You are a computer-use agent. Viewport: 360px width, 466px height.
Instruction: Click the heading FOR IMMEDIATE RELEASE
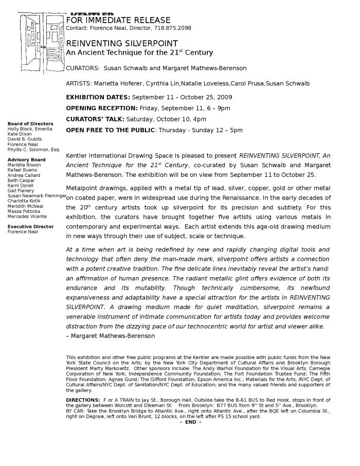(114, 21)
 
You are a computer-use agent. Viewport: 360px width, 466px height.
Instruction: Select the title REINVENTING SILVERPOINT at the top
(122, 44)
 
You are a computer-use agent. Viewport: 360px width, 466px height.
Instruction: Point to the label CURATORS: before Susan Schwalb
(83, 68)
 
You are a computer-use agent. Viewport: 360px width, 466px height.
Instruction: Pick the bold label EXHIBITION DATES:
(98, 97)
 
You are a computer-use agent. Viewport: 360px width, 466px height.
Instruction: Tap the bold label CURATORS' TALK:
(95, 119)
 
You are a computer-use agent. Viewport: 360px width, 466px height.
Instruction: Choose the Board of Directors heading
(30, 124)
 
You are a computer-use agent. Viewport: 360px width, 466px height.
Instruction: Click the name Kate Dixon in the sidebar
(20, 134)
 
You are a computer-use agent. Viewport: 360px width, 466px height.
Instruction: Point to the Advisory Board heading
(26, 160)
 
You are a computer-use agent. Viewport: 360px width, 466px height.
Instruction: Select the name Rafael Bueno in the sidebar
(22, 170)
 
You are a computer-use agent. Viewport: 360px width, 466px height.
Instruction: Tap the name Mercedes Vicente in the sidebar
(27, 217)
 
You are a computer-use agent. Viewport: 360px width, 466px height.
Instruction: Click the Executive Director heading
(30, 227)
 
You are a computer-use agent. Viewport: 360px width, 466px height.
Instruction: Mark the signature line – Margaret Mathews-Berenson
(111, 336)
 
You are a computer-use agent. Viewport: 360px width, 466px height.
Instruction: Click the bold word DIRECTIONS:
(83, 400)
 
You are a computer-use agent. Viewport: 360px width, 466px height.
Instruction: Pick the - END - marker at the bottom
(190, 422)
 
